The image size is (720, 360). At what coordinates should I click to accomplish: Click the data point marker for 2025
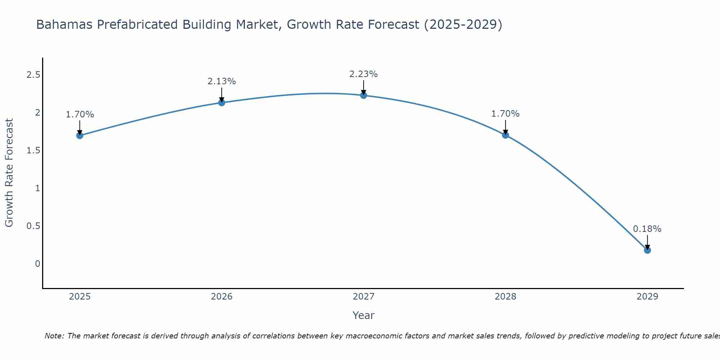click(80, 135)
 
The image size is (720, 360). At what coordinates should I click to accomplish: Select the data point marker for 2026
click(222, 103)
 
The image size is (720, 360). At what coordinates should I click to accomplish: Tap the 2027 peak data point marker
click(364, 95)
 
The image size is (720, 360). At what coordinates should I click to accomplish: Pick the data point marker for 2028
click(505, 135)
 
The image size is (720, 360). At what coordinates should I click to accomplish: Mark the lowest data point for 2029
click(647, 250)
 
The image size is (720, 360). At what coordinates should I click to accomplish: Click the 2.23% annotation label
click(364, 74)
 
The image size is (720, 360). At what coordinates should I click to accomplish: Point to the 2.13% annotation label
click(222, 81)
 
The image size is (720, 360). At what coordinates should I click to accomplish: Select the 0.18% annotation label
click(647, 229)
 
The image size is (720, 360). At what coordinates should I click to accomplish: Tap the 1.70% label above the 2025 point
click(80, 114)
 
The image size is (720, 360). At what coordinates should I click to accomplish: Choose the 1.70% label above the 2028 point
click(505, 114)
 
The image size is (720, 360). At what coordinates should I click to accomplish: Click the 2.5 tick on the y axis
click(33, 75)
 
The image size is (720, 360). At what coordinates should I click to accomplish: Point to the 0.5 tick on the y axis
click(33, 226)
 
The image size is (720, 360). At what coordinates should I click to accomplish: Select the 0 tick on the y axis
click(37, 264)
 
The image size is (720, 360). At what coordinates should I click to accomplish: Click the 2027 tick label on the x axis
click(364, 297)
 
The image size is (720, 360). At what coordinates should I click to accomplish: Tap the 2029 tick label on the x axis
click(647, 297)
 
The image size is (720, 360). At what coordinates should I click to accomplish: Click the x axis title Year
click(364, 315)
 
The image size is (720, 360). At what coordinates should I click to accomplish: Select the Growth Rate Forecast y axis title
click(9, 173)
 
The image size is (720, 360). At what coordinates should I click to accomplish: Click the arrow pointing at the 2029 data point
click(647, 242)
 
